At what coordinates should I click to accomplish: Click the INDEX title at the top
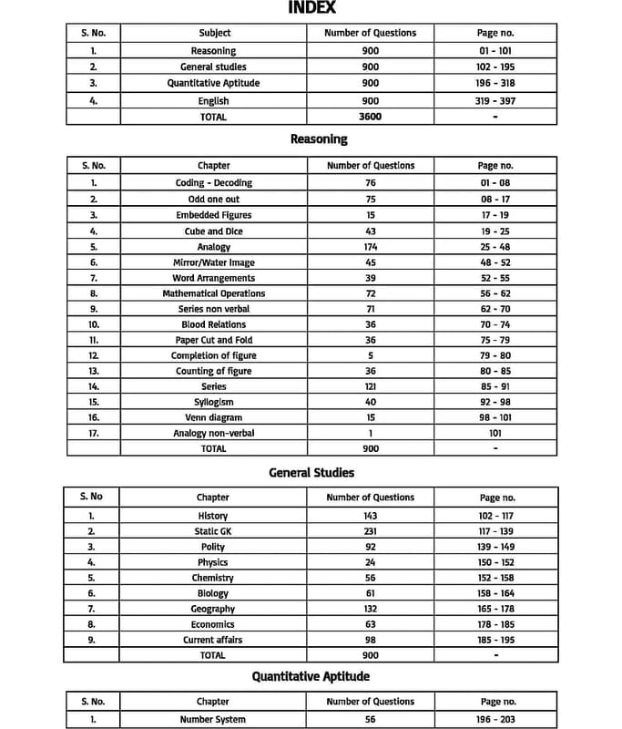click(x=312, y=8)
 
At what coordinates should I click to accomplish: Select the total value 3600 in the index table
click(x=371, y=117)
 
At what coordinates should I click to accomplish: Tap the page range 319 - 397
click(x=495, y=101)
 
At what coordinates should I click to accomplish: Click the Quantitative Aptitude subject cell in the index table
click(x=213, y=83)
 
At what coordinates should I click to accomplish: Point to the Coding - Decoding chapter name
click(x=213, y=182)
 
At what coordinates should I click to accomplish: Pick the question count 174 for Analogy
click(x=371, y=247)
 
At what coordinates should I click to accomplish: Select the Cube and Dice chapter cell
click(x=213, y=231)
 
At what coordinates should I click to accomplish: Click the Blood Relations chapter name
click(x=213, y=324)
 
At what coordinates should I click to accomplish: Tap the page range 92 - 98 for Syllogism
click(x=495, y=402)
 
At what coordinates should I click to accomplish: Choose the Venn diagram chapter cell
click(x=213, y=417)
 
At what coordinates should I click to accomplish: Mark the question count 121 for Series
click(x=371, y=386)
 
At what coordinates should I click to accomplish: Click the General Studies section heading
click(x=311, y=473)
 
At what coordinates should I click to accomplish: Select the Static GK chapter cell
click(x=213, y=531)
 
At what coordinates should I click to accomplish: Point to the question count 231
click(x=371, y=531)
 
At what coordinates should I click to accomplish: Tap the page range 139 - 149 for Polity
click(x=496, y=547)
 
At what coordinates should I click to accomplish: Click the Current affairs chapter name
click(x=213, y=640)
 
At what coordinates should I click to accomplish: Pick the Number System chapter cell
click(x=213, y=719)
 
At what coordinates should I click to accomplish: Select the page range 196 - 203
click(x=496, y=719)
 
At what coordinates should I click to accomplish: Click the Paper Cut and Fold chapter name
click(x=213, y=340)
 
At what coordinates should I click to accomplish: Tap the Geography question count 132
click(x=371, y=609)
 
